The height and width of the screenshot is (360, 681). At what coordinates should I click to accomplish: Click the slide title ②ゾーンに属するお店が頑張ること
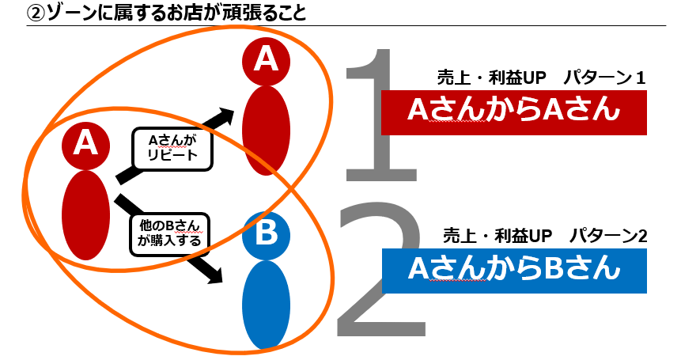pyautogui.click(x=166, y=12)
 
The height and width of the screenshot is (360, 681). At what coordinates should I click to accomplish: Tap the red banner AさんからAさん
pyautogui.click(x=514, y=112)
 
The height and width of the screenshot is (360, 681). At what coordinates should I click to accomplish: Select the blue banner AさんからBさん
pyautogui.click(x=514, y=271)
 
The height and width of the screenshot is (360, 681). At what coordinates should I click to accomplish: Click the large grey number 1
pyautogui.click(x=381, y=115)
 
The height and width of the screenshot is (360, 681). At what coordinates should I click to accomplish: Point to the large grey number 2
pyautogui.click(x=381, y=269)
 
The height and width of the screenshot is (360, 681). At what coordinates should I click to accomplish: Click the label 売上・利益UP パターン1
pyautogui.click(x=542, y=78)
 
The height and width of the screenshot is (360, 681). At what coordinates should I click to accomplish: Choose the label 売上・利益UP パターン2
pyautogui.click(x=545, y=236)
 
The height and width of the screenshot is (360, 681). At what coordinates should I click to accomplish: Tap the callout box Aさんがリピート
pyautogui.click(x=172, y=148)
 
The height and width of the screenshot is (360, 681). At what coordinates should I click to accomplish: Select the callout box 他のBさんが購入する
pyautogui.click(x=169, y=233)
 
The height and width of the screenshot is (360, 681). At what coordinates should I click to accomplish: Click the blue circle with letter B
pyautogui.click(x=266, y=235)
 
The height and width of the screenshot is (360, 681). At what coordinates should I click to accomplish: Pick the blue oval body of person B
pyautogui.click(x=266, y=305)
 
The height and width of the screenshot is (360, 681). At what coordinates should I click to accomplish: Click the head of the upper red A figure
pyautogui.click(x=266, y=61)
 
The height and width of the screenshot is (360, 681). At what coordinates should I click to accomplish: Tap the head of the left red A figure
pyautogui.click(x=85, y=145)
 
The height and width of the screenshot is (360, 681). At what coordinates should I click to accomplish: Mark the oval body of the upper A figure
pyautogui.click(x=266, y=131)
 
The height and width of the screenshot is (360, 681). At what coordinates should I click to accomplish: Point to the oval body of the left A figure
pyautogui.click(x=85, y=215)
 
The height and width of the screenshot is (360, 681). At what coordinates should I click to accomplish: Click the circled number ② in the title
pyautogui.click(x=36, y=13)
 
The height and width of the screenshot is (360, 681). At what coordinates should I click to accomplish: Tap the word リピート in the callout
pyautogui.click(x=172, y=155)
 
